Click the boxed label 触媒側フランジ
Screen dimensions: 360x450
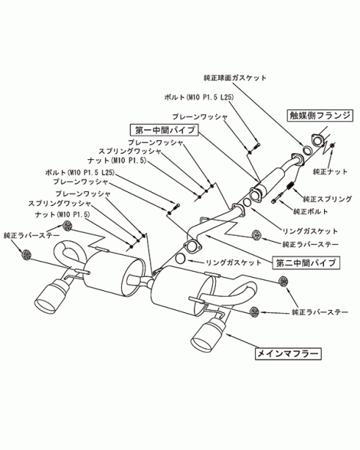coord(319,116)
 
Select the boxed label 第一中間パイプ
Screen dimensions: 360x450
coord(165,130)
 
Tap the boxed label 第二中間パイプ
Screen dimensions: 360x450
coord(306,262)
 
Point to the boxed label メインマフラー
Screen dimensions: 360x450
coord(288,354)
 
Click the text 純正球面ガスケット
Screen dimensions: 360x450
coord(235,78)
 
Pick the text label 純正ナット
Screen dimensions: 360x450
coord(330,171)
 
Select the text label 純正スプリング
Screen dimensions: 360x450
coord(327,199)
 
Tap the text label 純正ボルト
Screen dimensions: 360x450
coord(310,212)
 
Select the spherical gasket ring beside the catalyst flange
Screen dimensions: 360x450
coord(307,150)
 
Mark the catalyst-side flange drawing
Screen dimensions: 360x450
coord(317,141)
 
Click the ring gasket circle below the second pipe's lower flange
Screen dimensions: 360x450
coord(180,259)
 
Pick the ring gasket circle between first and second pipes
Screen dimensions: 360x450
coord(247,202)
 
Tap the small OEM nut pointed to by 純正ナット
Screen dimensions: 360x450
coord(332,145)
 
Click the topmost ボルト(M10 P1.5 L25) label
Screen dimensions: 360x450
coord(199,98)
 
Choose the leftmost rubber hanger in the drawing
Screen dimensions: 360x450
coord(26,254)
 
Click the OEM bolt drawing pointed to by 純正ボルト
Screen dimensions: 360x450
coord(277,199)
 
